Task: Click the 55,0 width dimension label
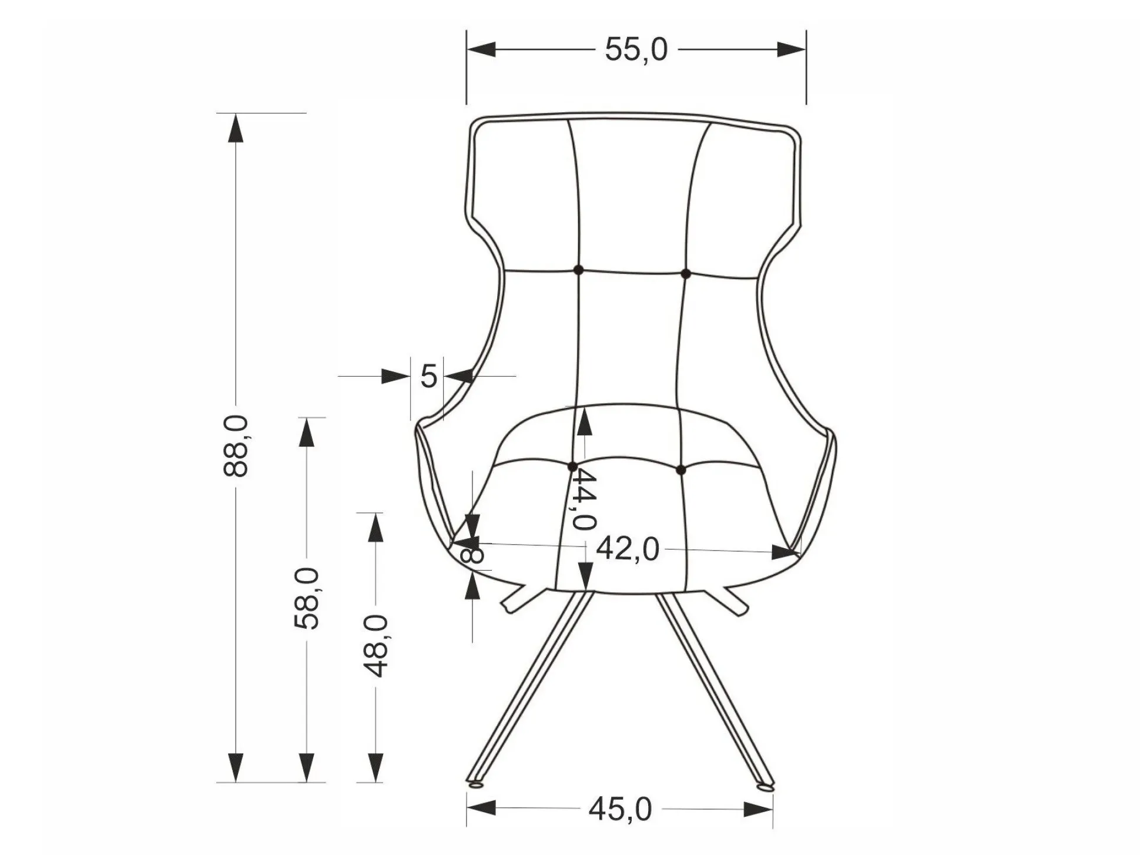coord(636,49)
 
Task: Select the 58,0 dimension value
coord(306,598)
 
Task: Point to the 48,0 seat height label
coord(376,646)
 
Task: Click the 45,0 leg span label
coord(621,809)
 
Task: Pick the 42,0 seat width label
coord(628,549)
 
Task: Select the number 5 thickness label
coord(428,375)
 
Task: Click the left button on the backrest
coord(578,270)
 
